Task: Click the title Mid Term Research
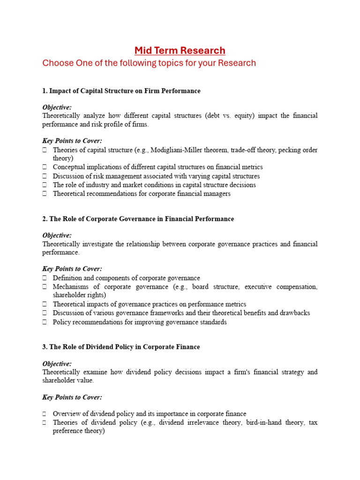point(180,50)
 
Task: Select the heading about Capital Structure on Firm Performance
point(121,91)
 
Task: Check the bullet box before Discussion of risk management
point(45,177)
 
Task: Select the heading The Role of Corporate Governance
point(138,219)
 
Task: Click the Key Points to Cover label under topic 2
point(72,269)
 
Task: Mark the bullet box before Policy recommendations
point(45,322)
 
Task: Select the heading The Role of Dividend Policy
point(121,347)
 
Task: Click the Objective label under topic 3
point(57,364)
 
